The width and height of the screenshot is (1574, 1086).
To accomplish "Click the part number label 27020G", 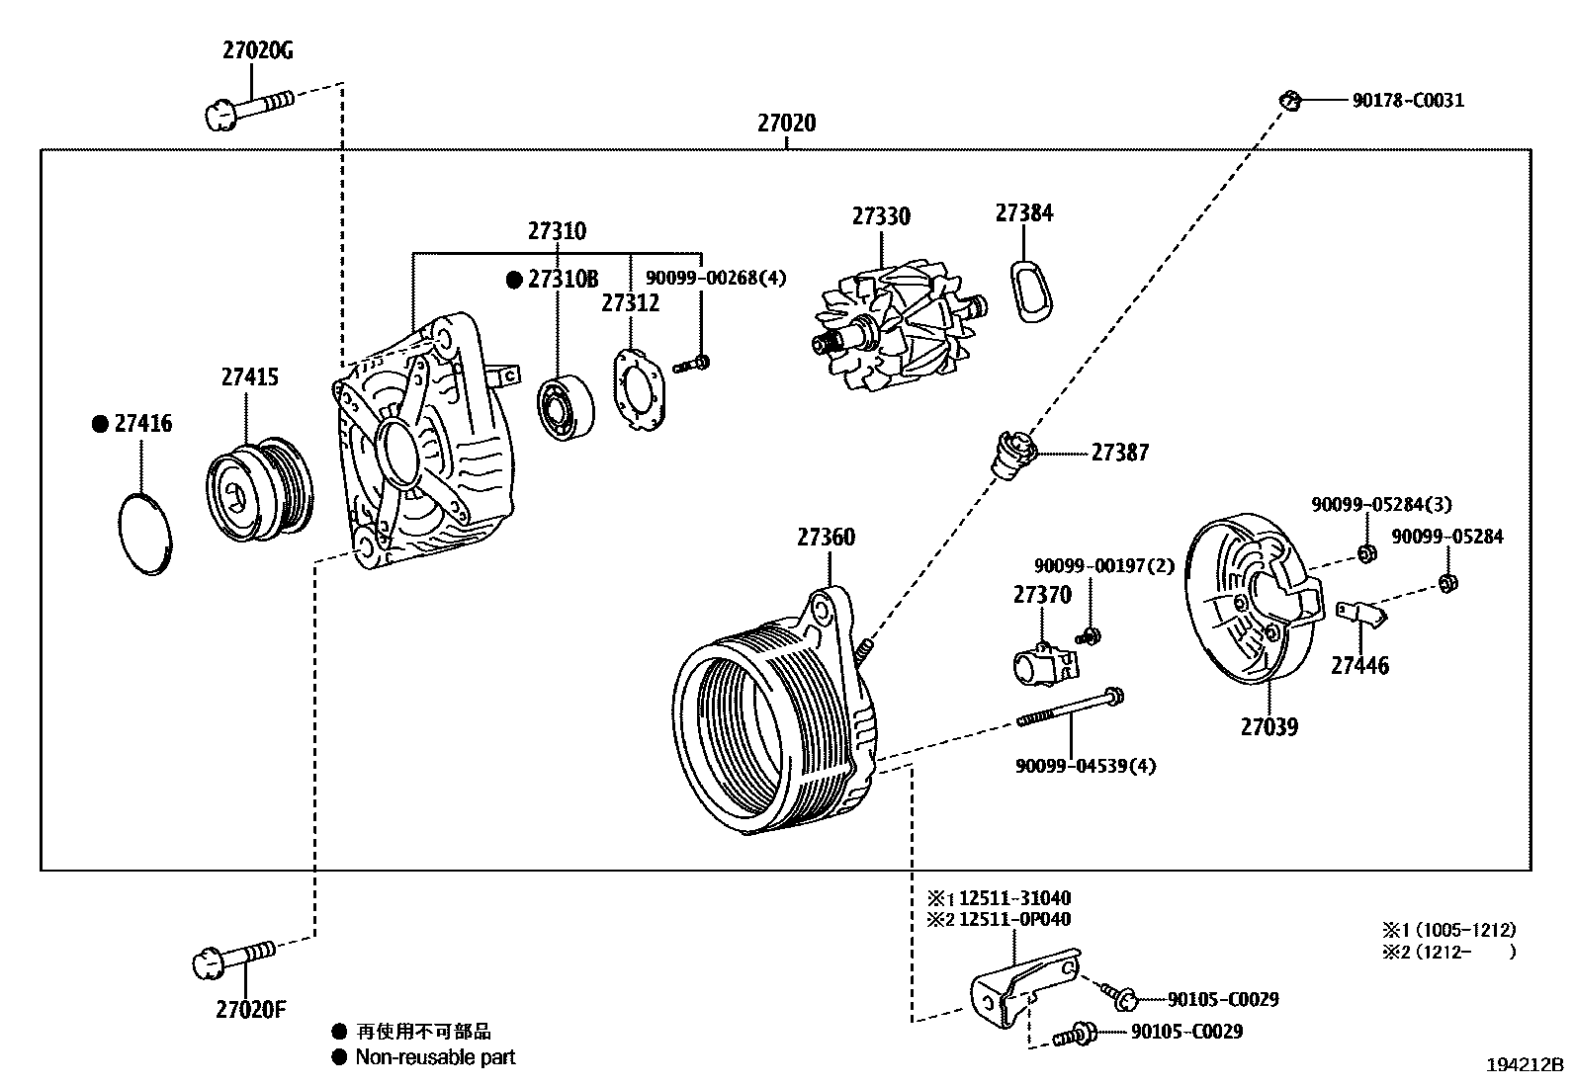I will pos(257,51).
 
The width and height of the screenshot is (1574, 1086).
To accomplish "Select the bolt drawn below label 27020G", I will pos(247,106).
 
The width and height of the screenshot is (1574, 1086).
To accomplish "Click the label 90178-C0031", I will pos(1408,100).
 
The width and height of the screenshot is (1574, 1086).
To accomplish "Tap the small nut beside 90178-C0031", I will pos(1289,99).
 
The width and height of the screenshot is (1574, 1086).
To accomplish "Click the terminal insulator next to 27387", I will pos(1014,456).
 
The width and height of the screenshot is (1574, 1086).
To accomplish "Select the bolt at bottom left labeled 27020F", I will pos(233,959).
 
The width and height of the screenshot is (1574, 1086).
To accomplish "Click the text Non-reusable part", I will pos(436,1057).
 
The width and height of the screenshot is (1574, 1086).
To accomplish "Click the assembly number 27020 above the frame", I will pos(787,124).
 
